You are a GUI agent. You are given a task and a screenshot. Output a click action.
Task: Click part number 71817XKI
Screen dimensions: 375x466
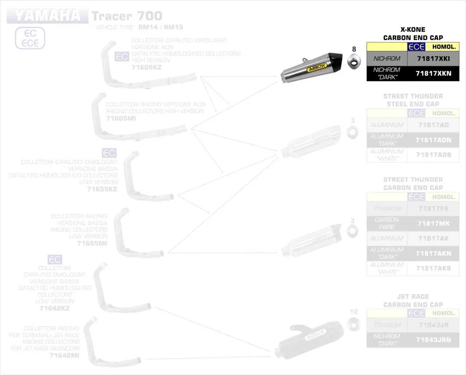click(x=433, y=59)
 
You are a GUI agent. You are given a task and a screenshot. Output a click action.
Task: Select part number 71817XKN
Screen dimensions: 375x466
click(x=433, y=73)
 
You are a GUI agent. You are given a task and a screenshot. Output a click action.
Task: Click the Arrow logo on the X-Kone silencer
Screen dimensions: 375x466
click(x=317, y=68)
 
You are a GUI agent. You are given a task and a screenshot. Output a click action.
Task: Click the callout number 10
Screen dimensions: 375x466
click(x=354, y=312)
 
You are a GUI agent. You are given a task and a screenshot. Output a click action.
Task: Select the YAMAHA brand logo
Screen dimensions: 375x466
click(x=47, y=16)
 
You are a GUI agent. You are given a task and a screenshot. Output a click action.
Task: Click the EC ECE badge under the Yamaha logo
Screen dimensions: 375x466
click(x=30, y=38)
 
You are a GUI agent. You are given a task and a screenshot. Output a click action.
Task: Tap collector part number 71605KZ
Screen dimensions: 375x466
click(x=146, y=68)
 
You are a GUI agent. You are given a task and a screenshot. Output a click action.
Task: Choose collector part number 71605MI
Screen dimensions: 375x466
click(x=121, y=119)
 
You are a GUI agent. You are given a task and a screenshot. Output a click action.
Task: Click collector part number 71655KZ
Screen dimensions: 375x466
click(x=102, y=189)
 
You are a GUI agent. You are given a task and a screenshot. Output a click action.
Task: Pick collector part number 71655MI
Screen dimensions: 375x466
click(x=92, y=243)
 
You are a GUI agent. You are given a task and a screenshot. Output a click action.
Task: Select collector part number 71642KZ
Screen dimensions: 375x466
click(x=55, y=308)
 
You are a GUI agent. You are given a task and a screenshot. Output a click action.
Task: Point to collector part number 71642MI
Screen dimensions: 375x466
click(x=64, y=355)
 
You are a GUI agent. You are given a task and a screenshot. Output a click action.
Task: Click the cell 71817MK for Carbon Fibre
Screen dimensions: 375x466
click(x=433, y=224)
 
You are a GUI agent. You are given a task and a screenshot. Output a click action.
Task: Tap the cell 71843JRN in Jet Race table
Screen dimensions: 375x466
click(x=433, y=340)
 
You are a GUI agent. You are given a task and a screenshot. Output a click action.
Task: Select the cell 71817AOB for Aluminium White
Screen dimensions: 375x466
click(x=433, y=155)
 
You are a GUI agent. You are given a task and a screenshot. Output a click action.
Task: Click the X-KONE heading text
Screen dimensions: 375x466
click(x=413, y=30)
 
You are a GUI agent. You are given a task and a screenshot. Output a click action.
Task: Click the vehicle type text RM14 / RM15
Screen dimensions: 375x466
click(x=161, y=27)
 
